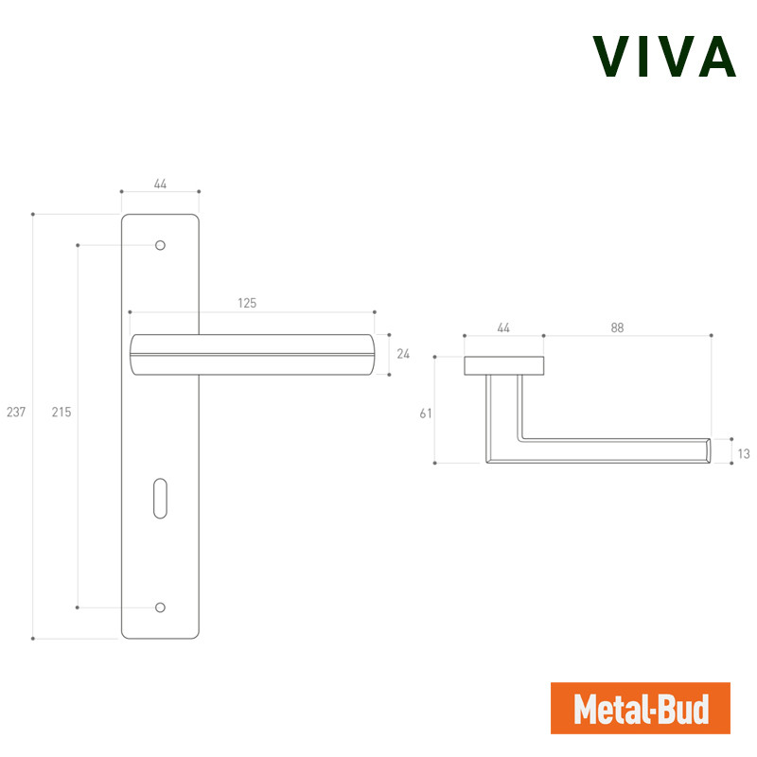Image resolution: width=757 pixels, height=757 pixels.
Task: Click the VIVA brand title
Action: (x=664, y=57)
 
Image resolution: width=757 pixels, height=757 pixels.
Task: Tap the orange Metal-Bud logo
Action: (x=641, y=708)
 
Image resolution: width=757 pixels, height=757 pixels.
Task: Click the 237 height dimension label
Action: (x=16, y=412)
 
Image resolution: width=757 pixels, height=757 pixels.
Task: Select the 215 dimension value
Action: (x=62, y=412)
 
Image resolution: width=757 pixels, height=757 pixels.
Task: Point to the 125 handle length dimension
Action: (x=247, y=303)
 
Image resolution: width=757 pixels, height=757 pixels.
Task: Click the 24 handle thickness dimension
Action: (x=403, y=354)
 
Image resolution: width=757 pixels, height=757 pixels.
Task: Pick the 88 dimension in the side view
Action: (x=617, y=327)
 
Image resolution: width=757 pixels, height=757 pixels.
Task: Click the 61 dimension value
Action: (x=425, y=414)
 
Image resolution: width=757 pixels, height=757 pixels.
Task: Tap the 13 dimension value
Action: (x=744, y=453)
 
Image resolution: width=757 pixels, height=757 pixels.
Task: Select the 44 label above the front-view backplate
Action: (x=160, y=184)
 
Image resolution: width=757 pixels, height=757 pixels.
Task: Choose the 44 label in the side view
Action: (x=503, y=327)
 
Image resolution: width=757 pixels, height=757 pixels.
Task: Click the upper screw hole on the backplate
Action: (x=160, y=245)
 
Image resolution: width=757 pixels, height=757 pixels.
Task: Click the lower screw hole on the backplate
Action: (x=160, y=607)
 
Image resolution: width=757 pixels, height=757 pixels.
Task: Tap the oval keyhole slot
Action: (x=160, y=499)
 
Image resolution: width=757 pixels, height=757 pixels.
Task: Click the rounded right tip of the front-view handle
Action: (x=371, y=354)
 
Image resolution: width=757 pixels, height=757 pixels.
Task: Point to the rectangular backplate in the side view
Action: (x=504, y=366)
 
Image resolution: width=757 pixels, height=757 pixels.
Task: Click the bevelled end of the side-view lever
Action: (x=708, y=451)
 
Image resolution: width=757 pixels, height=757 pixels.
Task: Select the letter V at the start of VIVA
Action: (x=610, y=57)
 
